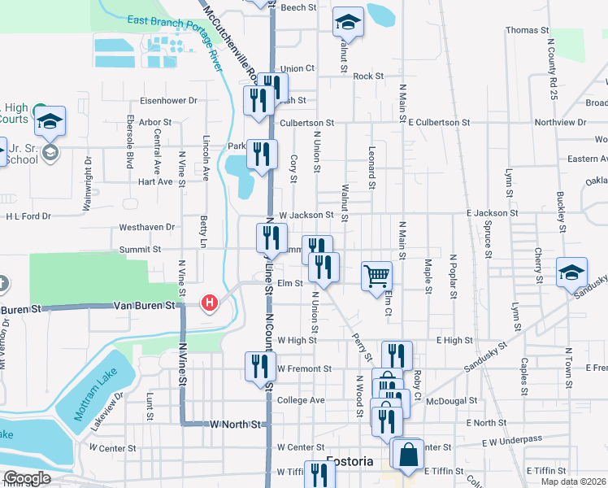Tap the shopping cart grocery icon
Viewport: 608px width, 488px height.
click(x=376, y=276)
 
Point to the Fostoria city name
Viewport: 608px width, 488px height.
click(x=350, y=461)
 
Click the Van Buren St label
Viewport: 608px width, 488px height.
click(x=145, y=306)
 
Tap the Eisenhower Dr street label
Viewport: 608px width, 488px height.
click(x=169, y=101)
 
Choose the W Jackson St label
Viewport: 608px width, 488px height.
click(x=306, y=215)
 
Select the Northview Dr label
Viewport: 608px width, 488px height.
click(x=560, y=122)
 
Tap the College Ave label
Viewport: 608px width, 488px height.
click(x=301, y=400)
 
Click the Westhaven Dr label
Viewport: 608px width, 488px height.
click(x=147, y=228)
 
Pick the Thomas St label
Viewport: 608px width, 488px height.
click(x=523, y=30)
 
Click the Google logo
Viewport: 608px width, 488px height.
click(x=27, y=478)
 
